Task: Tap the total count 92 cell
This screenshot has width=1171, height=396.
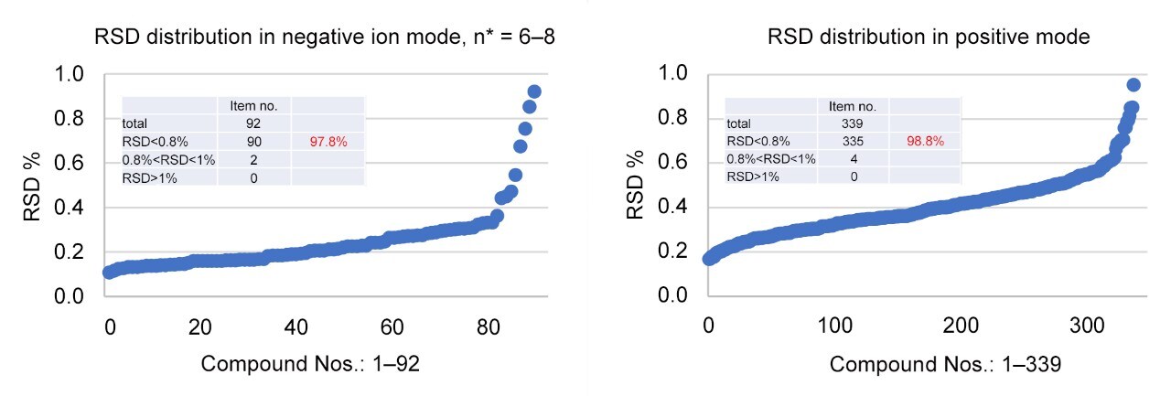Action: [253, 122]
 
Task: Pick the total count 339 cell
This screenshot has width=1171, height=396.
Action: [853, 122]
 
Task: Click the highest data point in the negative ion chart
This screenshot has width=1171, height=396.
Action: [534, 91]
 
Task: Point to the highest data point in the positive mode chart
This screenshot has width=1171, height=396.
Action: [1133, 85]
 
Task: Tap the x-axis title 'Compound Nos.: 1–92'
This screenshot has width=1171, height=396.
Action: [310, 363]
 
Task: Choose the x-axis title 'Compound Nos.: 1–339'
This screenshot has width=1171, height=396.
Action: [945, 363]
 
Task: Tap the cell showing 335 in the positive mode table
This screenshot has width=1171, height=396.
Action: [853, 141]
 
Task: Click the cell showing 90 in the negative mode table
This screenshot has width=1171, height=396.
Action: [253, 141]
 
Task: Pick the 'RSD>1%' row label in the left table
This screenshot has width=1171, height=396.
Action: [150, 177]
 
